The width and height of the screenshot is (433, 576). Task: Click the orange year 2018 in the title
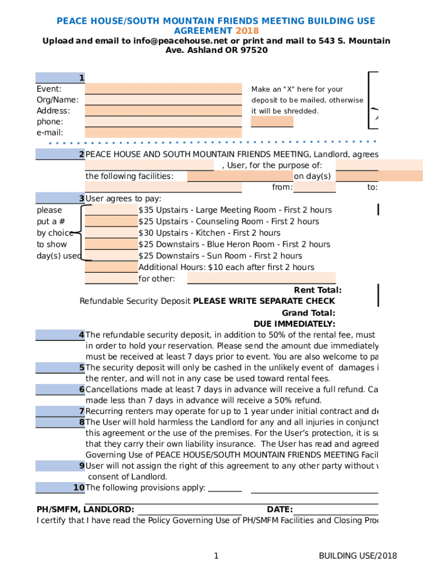click(x=247, y=31)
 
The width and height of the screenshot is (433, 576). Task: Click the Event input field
click(x=163, y=89)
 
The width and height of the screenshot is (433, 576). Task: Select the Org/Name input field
click(x=163, y=100)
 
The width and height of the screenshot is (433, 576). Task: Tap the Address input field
click(x=163, y=111)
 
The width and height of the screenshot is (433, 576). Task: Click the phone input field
click(x=163, y=121)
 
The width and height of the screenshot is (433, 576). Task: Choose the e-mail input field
click(x=163, y=133)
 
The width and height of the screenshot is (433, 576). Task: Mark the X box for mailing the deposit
click(x=272, y=121)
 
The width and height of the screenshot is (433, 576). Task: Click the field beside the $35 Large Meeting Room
click(x=111, y=210)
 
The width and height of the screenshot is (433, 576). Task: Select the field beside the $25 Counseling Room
click(x=111, y=221)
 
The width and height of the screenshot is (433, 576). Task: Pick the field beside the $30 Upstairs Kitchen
click(x=111, y=233)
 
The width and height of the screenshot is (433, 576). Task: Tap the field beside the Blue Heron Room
click(x=111, y=244)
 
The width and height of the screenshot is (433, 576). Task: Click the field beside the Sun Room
click(x=111, y=256)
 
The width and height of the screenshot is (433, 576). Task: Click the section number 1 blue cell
click(x=60, y=78)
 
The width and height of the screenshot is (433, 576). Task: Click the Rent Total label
click(x=318, y=290)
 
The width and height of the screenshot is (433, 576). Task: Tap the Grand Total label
click(x=309, y=313)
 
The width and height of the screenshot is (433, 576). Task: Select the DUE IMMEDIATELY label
click(x=294, y=324)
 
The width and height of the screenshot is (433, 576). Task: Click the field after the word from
click(x=315, y=187)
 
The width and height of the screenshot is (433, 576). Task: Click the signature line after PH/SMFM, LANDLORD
click(x=190, y=509)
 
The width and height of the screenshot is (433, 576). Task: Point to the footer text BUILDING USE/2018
click(x=358, y=556)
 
